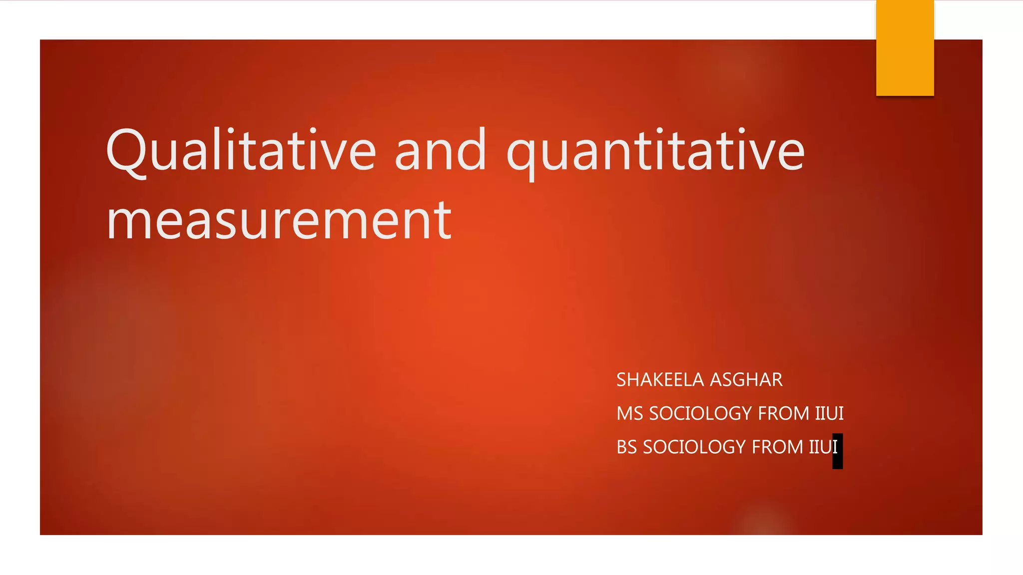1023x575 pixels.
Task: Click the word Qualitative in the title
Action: point(241,150)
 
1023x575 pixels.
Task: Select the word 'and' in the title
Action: point(440,150)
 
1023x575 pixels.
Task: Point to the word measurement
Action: point(279,220)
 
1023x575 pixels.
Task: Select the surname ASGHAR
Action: point(746,380)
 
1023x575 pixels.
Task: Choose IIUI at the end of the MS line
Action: point(829,413)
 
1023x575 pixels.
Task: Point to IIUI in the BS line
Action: point(822,447)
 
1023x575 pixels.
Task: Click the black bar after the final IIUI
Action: point(838,451)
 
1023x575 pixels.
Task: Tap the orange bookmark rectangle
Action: point(905,47)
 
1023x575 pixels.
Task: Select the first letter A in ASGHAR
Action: point(717,380)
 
